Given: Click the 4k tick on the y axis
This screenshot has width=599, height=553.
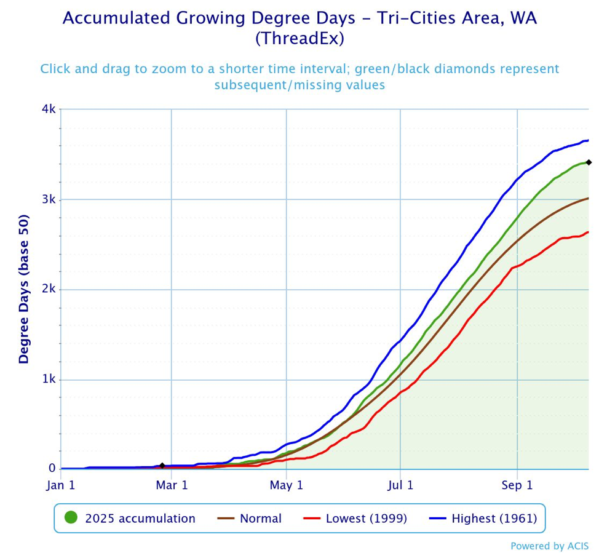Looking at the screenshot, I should [49, 109].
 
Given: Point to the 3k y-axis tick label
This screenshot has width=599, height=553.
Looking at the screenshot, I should [49, 199].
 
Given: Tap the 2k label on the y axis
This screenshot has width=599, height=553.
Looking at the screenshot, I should [49, 289].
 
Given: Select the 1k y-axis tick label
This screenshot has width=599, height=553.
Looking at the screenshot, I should [49, 380].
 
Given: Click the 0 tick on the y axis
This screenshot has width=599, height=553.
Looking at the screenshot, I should [53, 469].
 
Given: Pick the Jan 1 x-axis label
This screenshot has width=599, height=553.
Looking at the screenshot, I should [60, 485].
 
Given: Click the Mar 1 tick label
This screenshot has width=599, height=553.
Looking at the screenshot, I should [172, 485].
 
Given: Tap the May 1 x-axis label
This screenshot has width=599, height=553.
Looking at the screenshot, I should [287, 485].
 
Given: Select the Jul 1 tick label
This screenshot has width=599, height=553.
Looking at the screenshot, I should [400, 485].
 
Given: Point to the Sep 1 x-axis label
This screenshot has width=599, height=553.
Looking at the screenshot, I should [517, 485].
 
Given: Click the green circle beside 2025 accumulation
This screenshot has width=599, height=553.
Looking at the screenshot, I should [71, 519].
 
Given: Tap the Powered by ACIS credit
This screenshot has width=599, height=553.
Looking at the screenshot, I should [549, 546].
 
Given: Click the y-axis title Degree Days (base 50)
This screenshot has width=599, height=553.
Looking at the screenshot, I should [24, 288].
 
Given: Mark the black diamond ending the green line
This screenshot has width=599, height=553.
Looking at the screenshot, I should [589, 162].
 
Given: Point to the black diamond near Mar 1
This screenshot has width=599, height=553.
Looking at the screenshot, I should [162, 466].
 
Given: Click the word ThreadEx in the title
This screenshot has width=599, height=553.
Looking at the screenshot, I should [299, 38].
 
